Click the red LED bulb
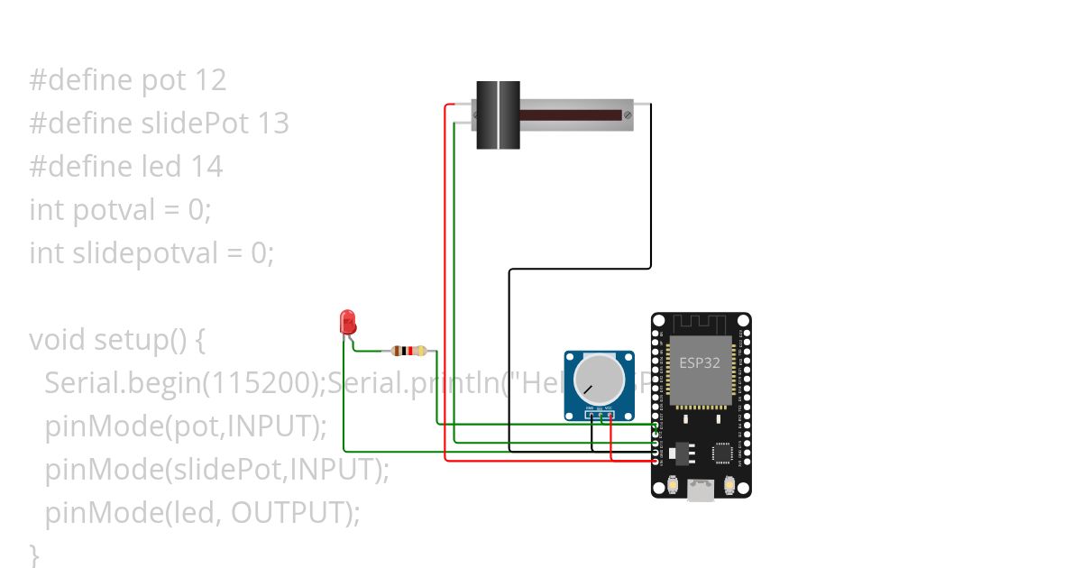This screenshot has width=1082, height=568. [x=347, y=322]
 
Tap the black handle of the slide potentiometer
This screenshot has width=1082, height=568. [x=498, y=115]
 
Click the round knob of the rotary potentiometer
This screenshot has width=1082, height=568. [x=599, y=379]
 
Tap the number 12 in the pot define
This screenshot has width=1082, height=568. [x=209, y=80]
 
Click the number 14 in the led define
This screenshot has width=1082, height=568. [x=206, y=167]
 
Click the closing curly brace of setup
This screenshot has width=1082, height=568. [x=34, y=553]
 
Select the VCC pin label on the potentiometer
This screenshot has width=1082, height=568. [x=610, y=409]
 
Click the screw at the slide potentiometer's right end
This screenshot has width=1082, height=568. [x=627, y=115]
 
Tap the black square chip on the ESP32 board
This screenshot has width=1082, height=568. [x=722, y=453]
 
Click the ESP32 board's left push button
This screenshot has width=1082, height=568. [x=674, y=486]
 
